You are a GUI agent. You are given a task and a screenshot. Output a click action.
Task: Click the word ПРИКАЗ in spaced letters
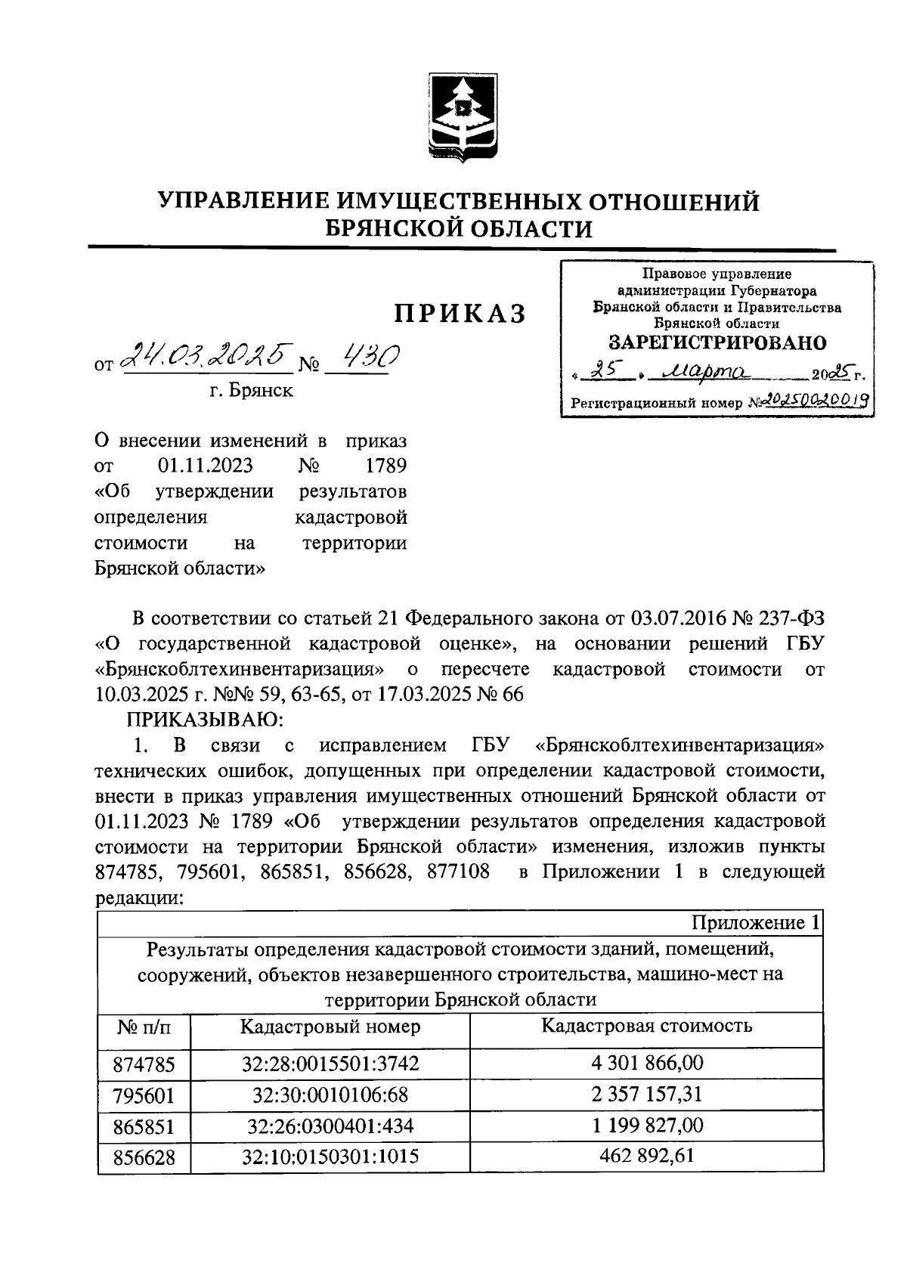(459, 313)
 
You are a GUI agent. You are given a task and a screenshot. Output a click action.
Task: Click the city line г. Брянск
(252, 392)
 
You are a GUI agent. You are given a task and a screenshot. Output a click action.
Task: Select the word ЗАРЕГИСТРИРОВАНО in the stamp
(717, 342)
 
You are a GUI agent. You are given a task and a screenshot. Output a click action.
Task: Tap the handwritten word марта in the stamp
(704, 372)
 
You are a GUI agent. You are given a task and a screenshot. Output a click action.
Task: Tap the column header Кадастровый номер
(330, 1027)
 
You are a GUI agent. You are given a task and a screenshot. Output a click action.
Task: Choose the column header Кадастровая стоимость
(646, 1027)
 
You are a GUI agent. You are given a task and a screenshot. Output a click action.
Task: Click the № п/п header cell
(144, 1028)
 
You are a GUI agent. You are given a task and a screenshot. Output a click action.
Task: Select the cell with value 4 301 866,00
(647, 1064)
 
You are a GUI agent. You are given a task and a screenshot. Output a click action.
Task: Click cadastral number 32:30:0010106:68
(330, 1095)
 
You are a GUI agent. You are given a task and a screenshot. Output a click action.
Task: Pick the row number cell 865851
(144, 1127)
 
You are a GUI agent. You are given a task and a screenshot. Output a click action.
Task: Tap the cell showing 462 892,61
(647, 1157)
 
